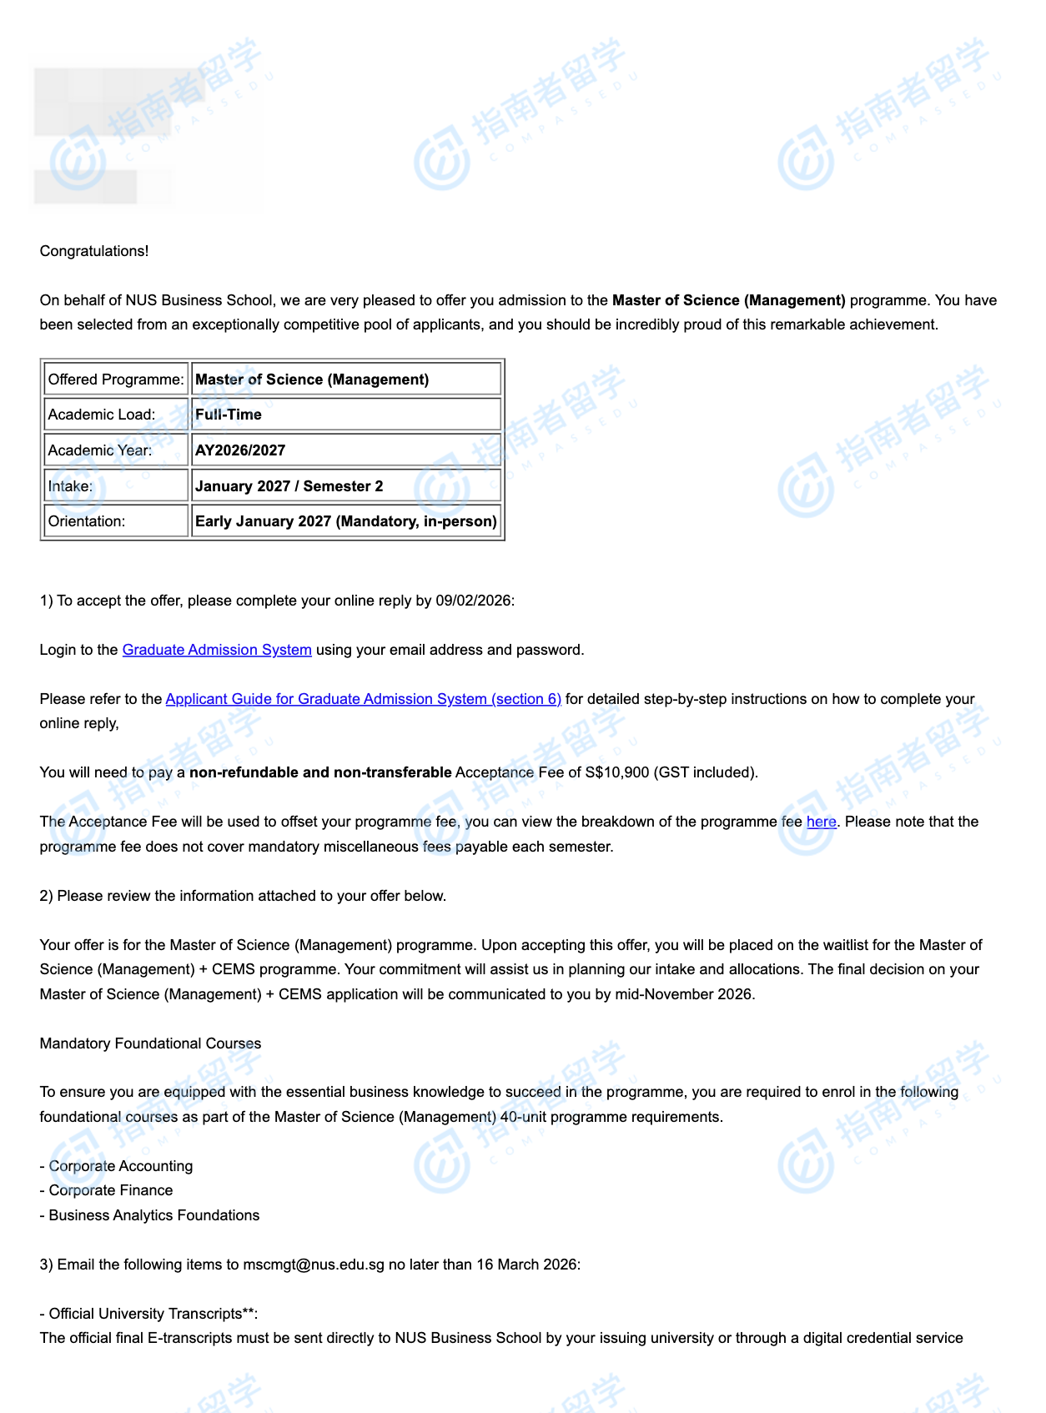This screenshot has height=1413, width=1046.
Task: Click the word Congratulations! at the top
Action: pos(94,251)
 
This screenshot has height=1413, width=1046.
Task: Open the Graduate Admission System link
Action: pos(217,650)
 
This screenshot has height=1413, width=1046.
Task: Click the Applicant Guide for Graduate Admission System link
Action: pos(363,699)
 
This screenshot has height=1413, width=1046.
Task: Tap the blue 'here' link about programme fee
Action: pos(821,822)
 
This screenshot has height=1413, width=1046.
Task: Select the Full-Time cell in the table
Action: pos(229,415)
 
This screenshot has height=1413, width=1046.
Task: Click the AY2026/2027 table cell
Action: pos(240,450)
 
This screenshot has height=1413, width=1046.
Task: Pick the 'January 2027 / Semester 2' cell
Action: pos(289,486)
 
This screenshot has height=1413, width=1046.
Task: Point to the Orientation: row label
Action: pos(87,521)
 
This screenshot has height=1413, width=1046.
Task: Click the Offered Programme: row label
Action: pos(116,380)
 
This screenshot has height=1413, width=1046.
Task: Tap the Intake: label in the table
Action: pos(71,486)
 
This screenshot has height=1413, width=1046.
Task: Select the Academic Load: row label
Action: pos(102,415)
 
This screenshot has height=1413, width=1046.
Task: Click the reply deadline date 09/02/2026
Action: pos(473,601)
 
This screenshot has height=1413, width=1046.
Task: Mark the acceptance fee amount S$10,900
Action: pos(616,772)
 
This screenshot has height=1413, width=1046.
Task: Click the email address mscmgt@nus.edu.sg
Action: pos(314,1265)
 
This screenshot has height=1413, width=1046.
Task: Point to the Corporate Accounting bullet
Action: pos(121,1166)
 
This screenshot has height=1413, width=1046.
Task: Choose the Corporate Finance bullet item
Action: pos(111,1190)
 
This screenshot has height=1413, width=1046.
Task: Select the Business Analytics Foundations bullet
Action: pos(154,1215)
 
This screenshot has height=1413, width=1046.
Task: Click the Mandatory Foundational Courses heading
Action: pos(150,1043)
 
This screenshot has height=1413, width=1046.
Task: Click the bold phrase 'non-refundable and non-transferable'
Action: pos(320,772)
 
